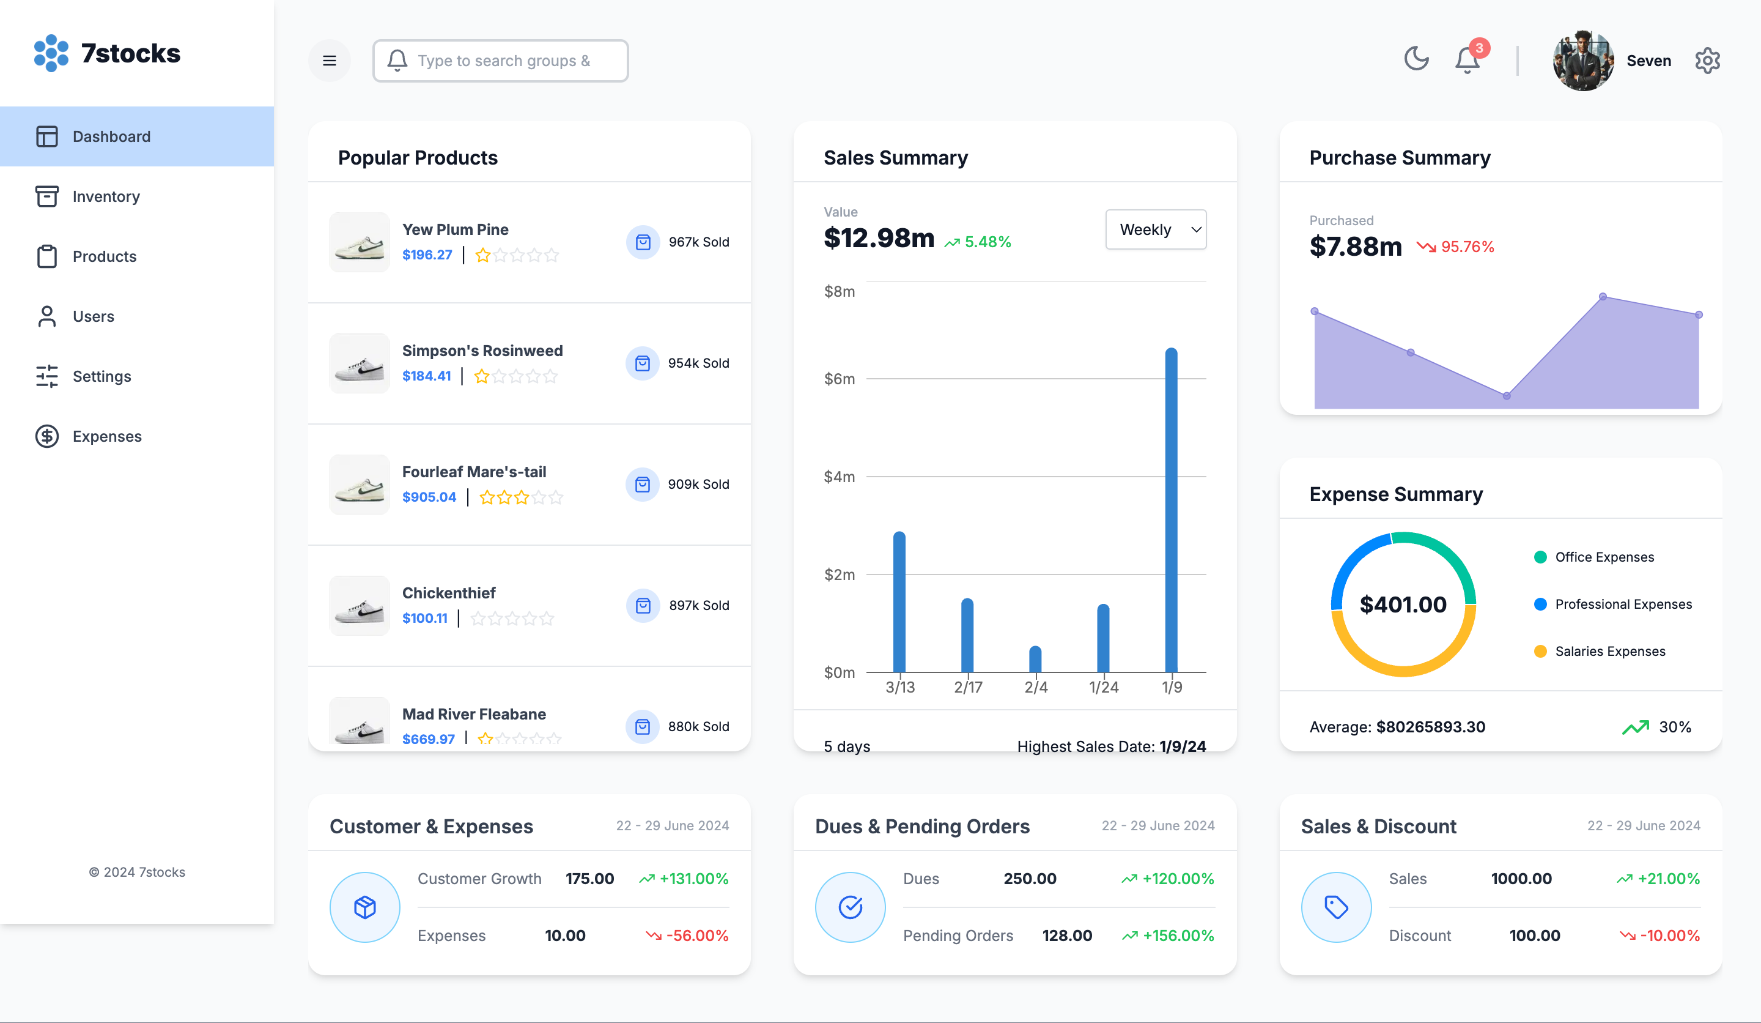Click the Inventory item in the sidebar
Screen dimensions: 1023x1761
coord(106,196)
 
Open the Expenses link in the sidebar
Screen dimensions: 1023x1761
coord(106,436)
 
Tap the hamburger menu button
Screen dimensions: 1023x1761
coord(329,61)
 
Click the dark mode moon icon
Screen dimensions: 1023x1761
coord(1416,59)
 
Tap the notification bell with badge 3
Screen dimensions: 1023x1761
coord(1467,60)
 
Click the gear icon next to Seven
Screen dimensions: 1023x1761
coord(1707,61)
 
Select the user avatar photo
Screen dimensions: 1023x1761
coord(1583,61)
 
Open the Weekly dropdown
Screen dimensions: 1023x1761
coord(1156,229)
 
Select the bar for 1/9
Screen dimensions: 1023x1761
coord(1171,510)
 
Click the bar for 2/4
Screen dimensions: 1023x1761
coord(1036,660)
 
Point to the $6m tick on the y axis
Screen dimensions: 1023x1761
coord(840,379)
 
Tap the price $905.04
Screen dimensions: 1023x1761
coord(429,497)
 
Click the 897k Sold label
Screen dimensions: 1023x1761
coord(699,606)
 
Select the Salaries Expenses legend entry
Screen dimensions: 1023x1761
coord(1609,651)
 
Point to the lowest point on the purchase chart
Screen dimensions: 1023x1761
coord(1507,396)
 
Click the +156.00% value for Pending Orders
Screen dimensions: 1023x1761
coord(1178,936)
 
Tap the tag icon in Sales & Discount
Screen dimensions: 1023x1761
coord(1336,907)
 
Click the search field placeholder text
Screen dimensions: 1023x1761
coord(504,61)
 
